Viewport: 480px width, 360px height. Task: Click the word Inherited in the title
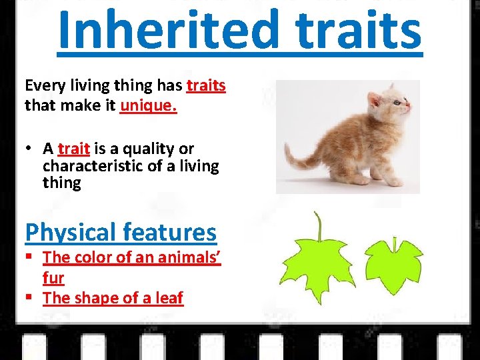pos(167,30)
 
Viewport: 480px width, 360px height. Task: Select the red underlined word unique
pos(148,106)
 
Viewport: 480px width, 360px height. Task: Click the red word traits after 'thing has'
pos(206,86)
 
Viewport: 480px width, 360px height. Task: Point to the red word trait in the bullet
pos(73,149)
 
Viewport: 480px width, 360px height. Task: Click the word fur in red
pos(53,277)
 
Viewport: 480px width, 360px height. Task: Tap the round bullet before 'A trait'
pos(29,149)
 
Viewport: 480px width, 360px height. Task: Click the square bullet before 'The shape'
pos(29,298)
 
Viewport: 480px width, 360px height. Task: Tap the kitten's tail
pos(299,157)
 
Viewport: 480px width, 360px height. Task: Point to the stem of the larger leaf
pos(320,227)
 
